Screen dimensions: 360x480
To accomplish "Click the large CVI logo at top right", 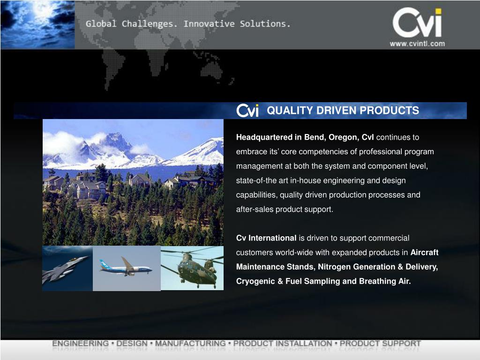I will pos(417,23).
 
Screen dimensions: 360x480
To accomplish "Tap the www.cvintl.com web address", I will pos(417,44).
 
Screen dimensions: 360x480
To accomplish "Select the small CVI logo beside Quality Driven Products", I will pos(247,111).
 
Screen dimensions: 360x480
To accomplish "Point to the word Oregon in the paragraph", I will pos(344,137).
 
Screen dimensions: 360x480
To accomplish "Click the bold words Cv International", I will pos(266,238).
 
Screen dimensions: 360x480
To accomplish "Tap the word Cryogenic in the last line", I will pos(253,281).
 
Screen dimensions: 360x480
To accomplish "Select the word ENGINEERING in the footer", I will pos(80,344).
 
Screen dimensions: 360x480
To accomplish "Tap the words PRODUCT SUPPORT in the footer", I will pos(380,344).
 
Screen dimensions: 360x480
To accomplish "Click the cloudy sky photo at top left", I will pos(37,24).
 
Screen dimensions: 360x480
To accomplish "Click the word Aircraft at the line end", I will pos(424,252).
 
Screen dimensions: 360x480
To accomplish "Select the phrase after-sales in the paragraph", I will pos(255,210).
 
